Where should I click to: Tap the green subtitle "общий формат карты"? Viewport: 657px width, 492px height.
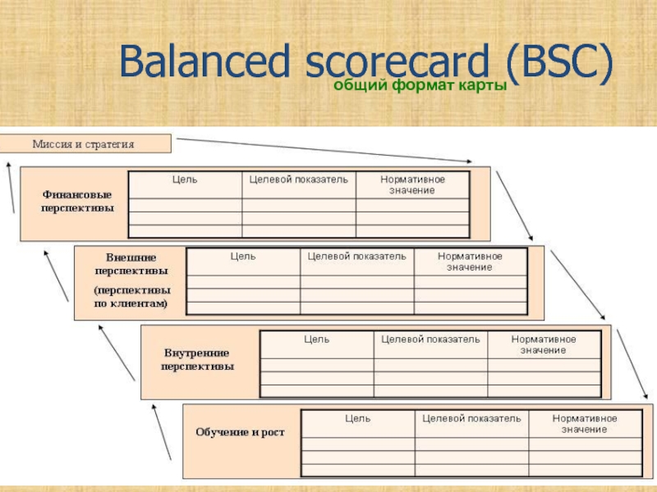(419, 87)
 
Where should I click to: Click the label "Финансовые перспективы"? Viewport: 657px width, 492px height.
(78, 200)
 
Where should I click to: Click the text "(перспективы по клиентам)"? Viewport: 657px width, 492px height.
(131, 296)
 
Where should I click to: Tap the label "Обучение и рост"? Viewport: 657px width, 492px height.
(240, 431)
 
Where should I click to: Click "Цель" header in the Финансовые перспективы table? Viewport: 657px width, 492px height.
(185, 179)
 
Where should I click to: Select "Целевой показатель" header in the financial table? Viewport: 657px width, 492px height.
(299, 179)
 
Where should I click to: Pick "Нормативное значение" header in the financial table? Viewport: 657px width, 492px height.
(412, 184)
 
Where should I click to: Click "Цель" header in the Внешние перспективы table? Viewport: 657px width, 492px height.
(242, 256)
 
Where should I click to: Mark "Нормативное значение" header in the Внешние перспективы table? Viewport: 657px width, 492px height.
(470, 262)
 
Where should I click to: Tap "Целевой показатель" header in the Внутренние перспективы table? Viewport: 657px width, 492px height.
(430, 338)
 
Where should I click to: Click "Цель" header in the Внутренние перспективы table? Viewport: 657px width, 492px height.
(317, 338)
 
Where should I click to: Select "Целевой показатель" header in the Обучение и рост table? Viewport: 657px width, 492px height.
(471, 417)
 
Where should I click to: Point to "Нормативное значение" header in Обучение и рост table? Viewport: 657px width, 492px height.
(585, 423)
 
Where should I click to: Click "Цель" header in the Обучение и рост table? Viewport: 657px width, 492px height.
(357, 417)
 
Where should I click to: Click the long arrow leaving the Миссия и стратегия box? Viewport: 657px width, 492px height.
(324, 150)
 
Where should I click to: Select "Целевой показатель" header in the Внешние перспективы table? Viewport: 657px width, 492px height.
(356, 256)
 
